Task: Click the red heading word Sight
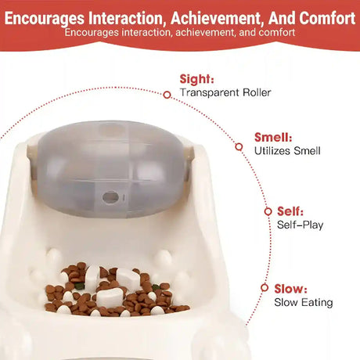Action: [x=196, y=79]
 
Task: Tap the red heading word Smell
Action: [x=273, y=138]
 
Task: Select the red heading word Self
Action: [x=290, y=211]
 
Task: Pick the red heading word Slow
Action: [x=290, y=289]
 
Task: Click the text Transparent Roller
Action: [x=225, y=92]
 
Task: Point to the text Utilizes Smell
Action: [x=287, y=151]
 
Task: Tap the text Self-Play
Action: [x=300, y=225]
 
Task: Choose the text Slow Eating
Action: [x=304, y=303]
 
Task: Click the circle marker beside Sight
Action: [x=167, y=95]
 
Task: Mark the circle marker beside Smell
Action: [x=239, y=147]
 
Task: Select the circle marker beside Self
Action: [x=268, y=211]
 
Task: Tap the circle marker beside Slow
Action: [x=265, y=288]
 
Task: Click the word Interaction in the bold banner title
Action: [x=128, y=18]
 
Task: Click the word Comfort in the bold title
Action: [x=327, y=18]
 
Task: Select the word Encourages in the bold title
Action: [x=45, y=19]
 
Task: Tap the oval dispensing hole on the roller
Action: [x=110, y=197]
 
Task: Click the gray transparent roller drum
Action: [x=110, y=169]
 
